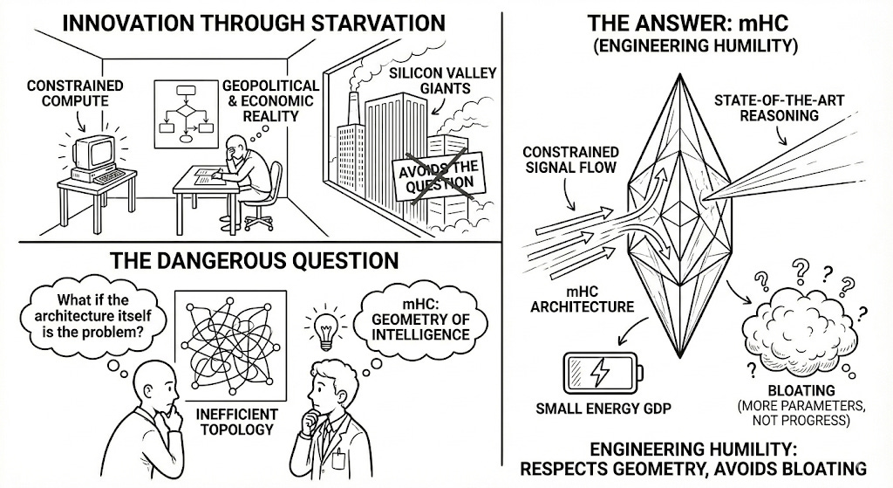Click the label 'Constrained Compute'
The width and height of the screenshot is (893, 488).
[x=75, y=94]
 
